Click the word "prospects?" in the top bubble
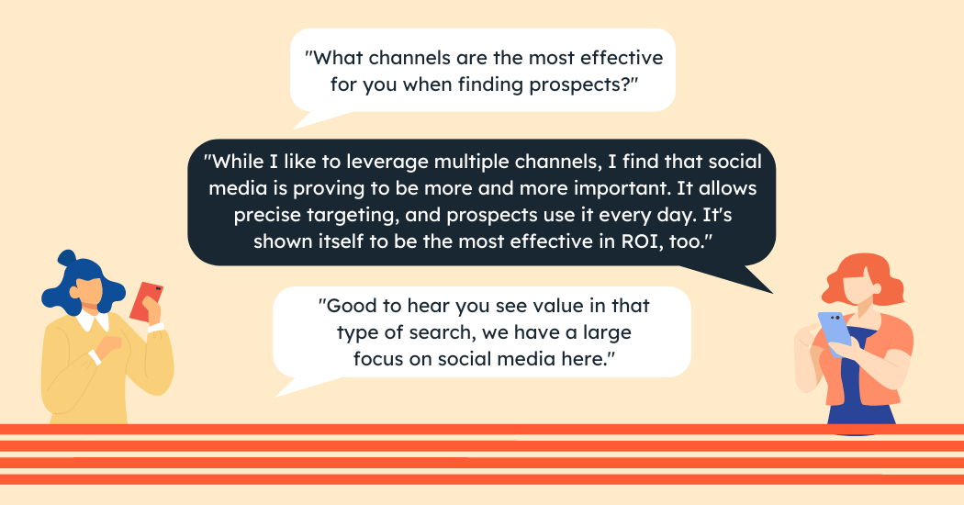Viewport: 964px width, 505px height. [x=584, y=84]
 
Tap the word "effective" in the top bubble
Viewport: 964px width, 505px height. [x=622, y=58]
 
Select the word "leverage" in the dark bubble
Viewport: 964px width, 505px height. [x=387, y=162]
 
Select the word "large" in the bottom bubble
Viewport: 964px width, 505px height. [x=607, y=332]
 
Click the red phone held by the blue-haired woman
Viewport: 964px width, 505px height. [x=146, y=301]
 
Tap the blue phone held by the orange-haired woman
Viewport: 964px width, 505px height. [x=835, y=332]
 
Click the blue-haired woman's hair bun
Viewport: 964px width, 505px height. [x=67, y=257]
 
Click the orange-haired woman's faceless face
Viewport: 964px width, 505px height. [x=859, y=286]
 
